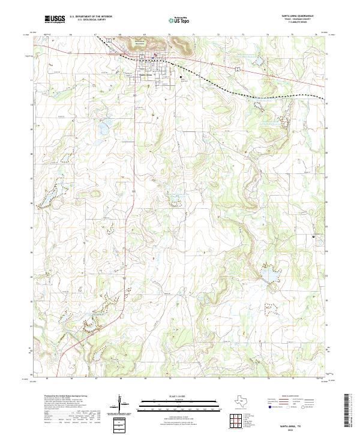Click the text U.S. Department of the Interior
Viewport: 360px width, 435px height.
click(91, 17)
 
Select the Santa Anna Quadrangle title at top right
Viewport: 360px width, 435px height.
click(297, 17)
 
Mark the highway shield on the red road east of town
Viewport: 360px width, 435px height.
click(238, 70)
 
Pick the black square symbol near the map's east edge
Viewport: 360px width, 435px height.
click(313, 238)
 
